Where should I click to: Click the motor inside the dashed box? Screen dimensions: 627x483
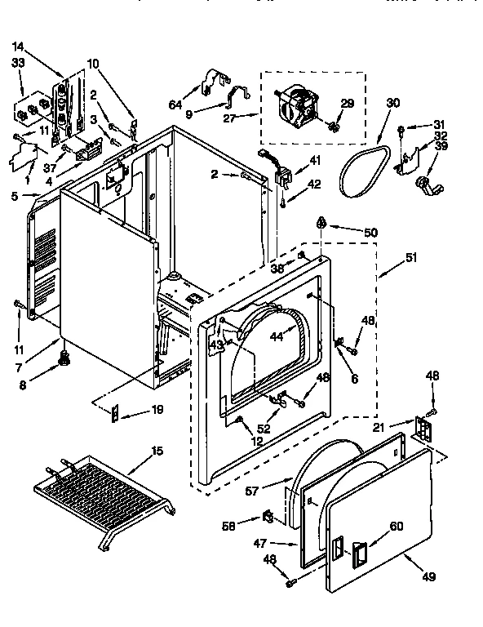pos(297,108)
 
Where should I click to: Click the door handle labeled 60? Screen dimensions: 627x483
pos(357,558)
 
